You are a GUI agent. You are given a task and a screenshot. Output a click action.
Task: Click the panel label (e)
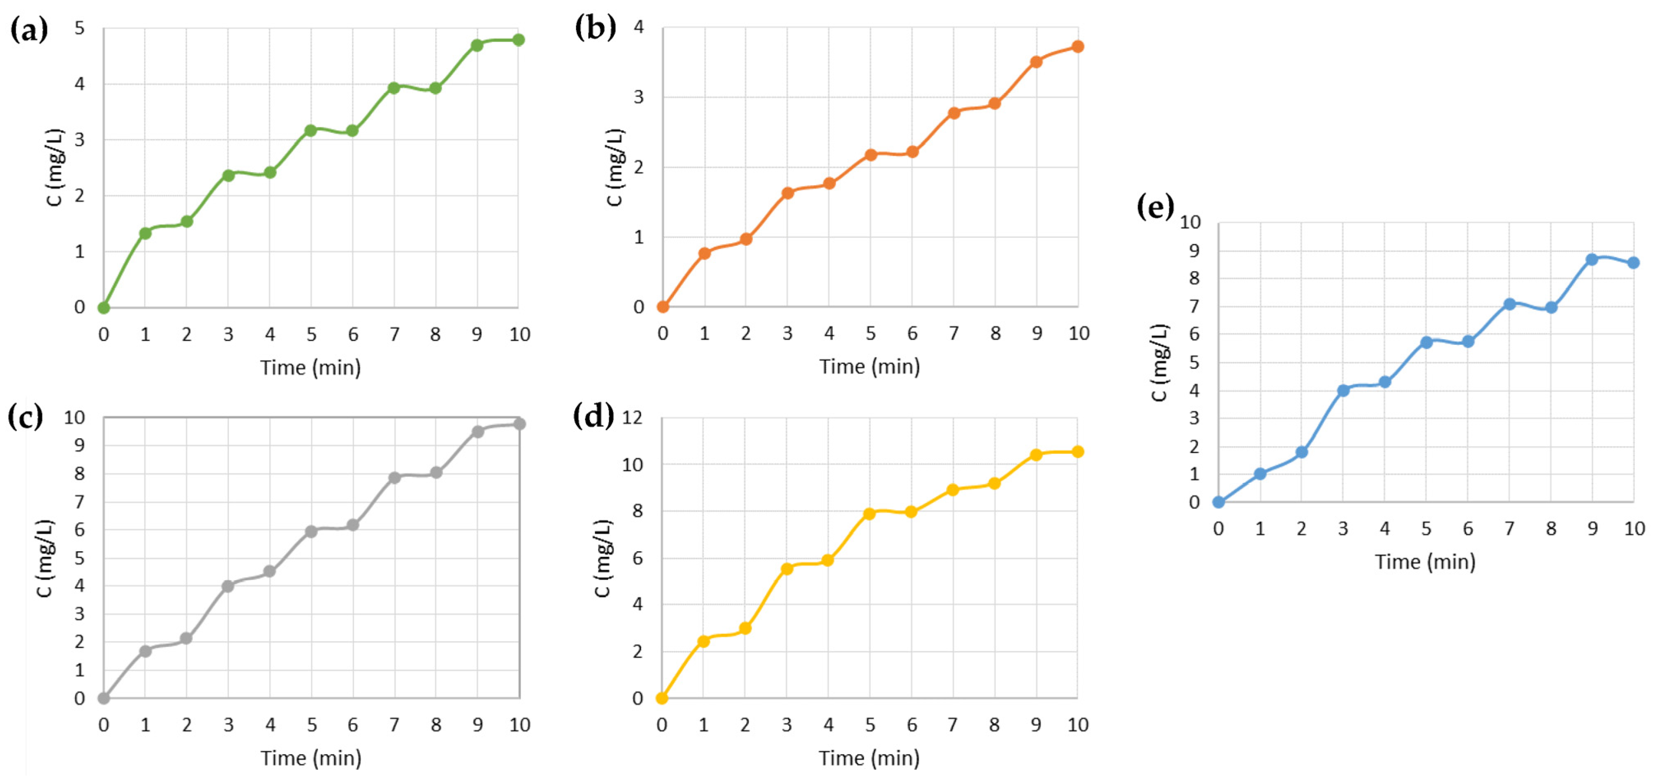coord(1155,207)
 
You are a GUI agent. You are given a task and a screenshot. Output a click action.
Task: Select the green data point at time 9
coord(477,45)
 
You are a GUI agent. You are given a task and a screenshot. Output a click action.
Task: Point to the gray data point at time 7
coord(394,478)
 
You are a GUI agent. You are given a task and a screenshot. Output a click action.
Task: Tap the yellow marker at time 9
coord(1036,455)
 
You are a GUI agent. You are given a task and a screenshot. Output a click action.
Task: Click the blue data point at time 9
coord(1591,259)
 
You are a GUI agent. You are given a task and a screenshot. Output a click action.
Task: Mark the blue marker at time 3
coord(1343,390)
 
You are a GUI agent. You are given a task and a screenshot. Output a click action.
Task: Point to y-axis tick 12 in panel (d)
coord(632,418)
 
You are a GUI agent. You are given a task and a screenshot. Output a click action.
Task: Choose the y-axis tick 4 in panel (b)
coord(639,27)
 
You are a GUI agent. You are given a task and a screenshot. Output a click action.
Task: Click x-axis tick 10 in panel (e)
coord(1634,529)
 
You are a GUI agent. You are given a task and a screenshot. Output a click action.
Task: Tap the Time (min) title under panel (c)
coord(311,758)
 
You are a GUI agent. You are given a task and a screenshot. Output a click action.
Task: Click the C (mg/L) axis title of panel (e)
coord(1159,362)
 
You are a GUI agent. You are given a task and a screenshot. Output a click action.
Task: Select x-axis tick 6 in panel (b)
coord(912,333)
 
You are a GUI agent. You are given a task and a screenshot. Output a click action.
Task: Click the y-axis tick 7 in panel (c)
coord(79,501)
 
